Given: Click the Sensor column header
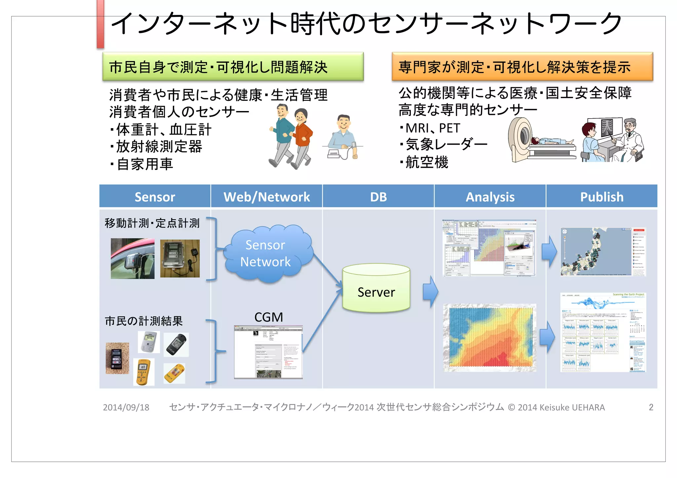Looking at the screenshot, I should (155, 197).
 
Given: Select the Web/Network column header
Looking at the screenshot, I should (266, 197).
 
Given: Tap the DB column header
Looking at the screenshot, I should (378, 197).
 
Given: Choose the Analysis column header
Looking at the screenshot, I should (490, 197).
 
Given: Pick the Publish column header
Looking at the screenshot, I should (602, 197).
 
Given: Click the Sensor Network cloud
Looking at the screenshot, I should (266, 253).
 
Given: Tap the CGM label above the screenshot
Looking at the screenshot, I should (268, 317).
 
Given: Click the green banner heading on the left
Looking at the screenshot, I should (233, 67).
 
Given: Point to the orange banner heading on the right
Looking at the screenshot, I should (522, 67).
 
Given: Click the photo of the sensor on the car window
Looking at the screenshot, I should (132, 259).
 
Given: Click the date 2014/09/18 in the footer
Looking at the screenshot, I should (126, 407).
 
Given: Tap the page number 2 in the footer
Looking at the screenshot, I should (651, 407).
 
